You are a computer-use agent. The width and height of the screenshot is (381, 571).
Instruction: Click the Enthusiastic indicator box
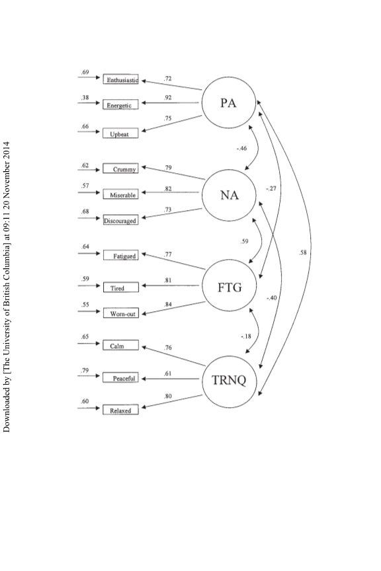[x=120, y=79]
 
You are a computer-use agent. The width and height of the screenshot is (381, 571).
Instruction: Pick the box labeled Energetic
[x=120, y=104]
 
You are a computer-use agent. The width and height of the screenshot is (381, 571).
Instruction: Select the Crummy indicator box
[x=120, y=169]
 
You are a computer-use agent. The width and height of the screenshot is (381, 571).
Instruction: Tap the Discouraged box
[x=120, y=219]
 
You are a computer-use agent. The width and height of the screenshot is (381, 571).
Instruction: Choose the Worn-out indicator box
[x=120, y=313]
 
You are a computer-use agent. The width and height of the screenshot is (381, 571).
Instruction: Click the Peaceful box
[x=120, y=377]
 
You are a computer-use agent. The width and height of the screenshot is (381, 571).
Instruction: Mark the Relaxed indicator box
[x=120, y=409]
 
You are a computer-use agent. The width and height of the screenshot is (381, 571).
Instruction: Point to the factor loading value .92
[x=168, y=98]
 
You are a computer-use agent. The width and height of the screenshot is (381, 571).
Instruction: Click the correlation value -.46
[x=241, y=148]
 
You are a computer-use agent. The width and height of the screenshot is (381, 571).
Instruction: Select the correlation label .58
[x=302, y=252]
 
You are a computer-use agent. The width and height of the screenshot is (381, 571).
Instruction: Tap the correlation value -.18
[x=246, y=336]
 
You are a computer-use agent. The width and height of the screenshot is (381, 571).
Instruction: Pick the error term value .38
[x=85, y=97]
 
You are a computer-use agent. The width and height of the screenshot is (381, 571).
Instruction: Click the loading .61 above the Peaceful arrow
[x=168, y=373]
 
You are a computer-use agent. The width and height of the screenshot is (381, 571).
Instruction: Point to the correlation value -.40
[x=272, y=298]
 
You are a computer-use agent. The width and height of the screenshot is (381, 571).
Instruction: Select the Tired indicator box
[x=120, y=287]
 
